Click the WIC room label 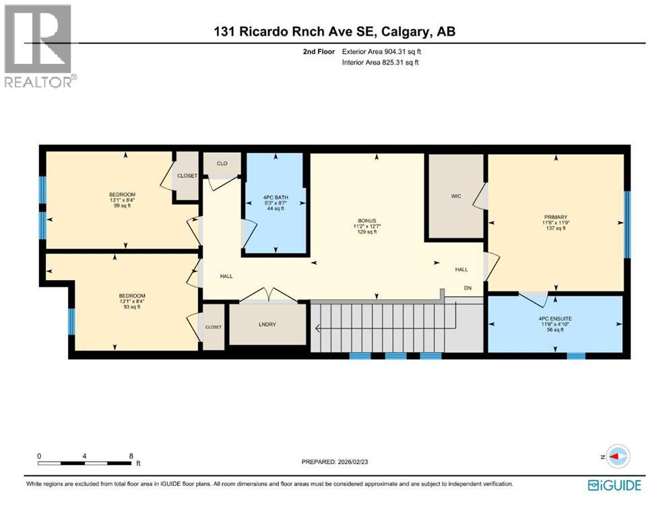[456, 197]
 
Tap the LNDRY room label [268, 324]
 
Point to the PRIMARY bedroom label [555, 217]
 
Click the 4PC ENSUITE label [555, 317]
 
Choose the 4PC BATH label [274, 197]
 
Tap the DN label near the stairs [468, 288]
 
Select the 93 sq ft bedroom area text [131, 307]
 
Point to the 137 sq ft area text [555, 228]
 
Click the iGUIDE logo [614, 485]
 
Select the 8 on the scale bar [131, 456]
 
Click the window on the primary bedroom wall [627, 224]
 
